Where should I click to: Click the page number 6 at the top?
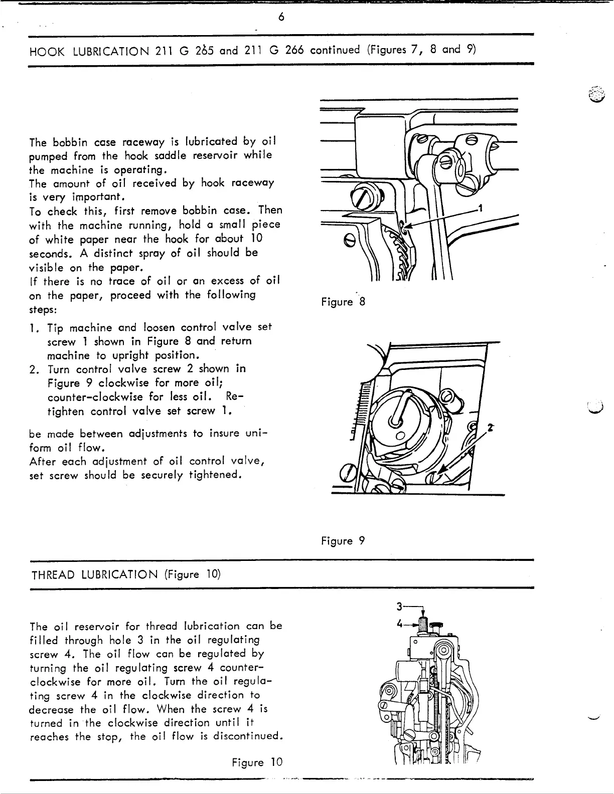pos(281,17)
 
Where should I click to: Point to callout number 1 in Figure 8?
pos(480,209)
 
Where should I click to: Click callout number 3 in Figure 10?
pos(399,607)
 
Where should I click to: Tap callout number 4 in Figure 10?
pos(399,625)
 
